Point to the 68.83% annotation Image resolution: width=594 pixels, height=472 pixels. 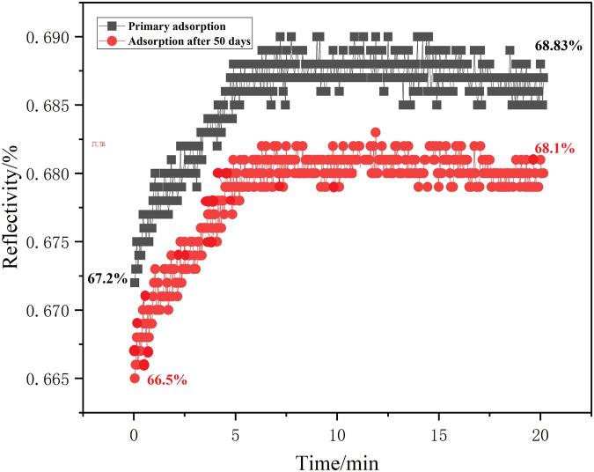(559, 45)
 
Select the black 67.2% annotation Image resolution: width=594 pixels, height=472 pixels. (107, 277)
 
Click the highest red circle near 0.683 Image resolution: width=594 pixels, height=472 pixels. (376, 132)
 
